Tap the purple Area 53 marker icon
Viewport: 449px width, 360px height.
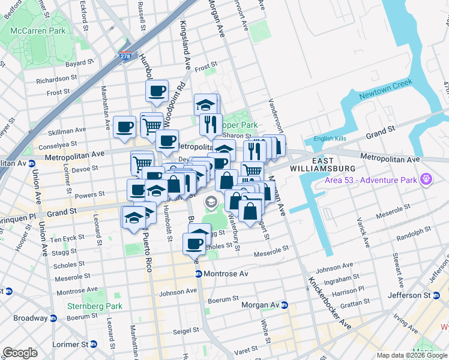coord(426,178)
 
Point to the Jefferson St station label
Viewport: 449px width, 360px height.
coord(413,295)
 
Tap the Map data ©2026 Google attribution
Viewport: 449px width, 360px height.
coord(411,355)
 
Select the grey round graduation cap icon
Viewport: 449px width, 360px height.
coord(211,202)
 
